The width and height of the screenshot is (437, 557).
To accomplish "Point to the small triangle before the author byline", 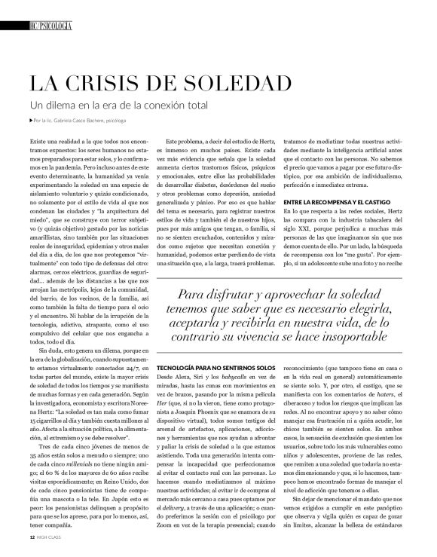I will (x=29, y=120).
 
